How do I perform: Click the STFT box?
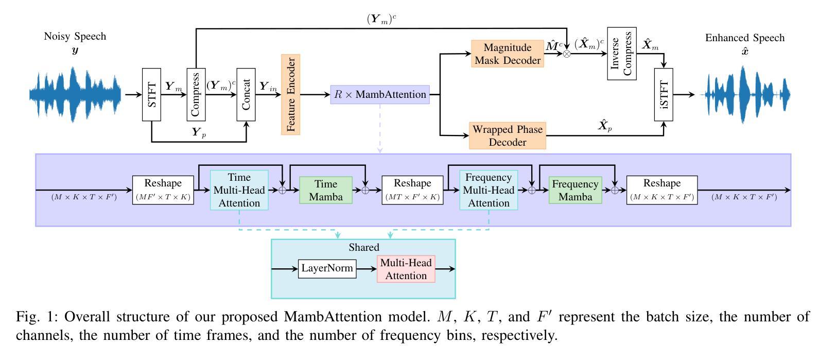coord(151,95)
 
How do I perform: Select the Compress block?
coord(196,95)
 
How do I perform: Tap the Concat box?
coord(246,95)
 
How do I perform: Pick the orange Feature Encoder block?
coord(290,95)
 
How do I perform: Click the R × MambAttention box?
coord(380,95)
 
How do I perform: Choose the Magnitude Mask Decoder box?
coord(508,54)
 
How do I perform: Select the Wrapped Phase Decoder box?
coord(508,135)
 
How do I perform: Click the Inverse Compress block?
coord(621,54)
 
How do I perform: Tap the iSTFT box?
coord(664,95)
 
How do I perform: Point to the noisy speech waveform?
coord(75,95)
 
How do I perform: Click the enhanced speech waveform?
coord(745,95)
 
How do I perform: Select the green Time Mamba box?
coord(326,191)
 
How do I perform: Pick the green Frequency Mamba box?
coord(575,191)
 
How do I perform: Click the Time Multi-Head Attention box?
coord(239,190)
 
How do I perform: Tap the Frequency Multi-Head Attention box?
coord(489,190)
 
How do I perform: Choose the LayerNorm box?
coord(327,268)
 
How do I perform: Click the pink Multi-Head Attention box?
coord(406,269)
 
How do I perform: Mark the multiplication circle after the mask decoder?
coord(567,54)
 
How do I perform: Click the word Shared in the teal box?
coord(363,247)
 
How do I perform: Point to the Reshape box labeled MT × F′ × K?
coord(412,190)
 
